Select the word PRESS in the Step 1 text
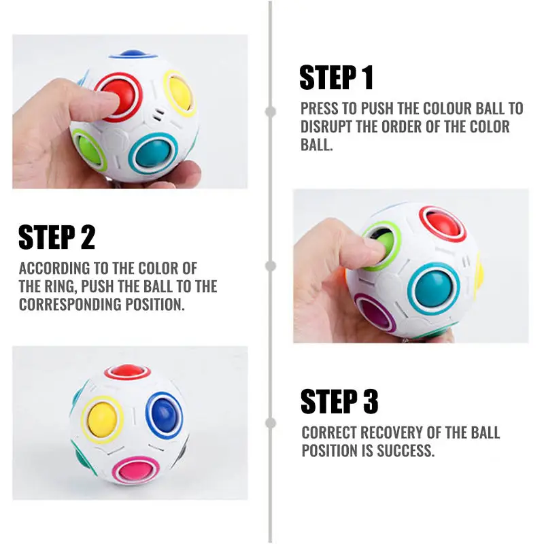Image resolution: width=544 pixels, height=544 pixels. (x=319, y=109)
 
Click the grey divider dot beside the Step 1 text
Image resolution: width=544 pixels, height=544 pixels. (x=271, y=111)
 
